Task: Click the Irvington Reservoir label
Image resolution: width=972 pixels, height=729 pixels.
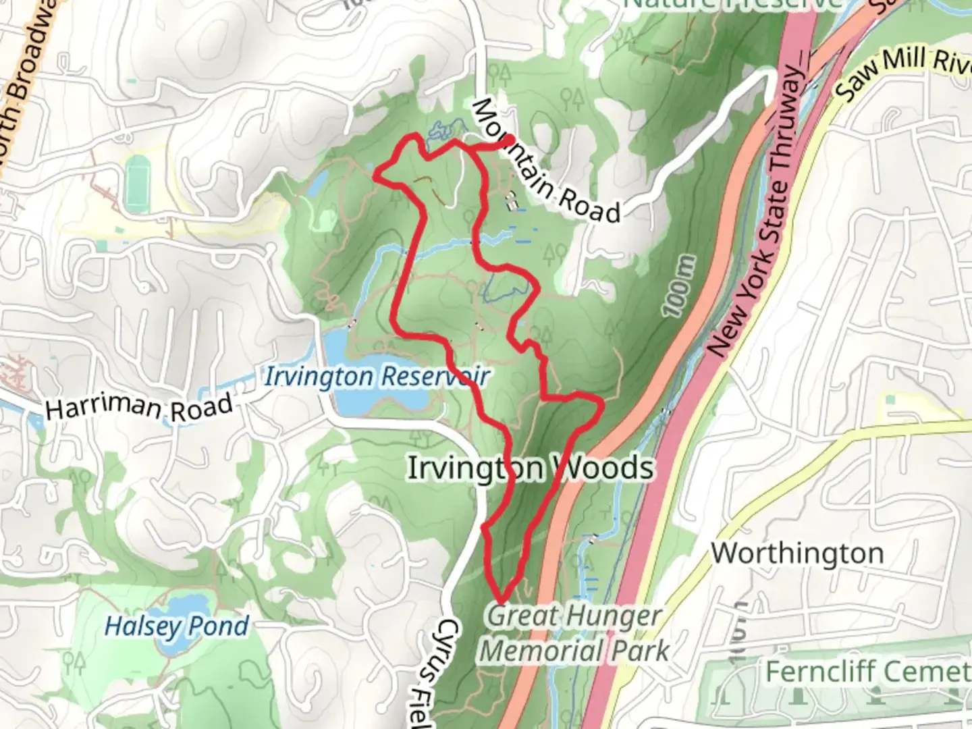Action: click(375, 377)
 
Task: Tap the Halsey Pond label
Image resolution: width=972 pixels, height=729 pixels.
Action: click(177, 626)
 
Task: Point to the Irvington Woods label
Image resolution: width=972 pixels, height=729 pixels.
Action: click(530, 468)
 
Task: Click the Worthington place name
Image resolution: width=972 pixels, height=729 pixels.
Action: click(797, 553)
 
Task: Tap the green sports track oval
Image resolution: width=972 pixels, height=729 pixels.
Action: click(138, 182)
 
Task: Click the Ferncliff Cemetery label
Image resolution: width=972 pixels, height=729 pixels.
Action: click(867, 672)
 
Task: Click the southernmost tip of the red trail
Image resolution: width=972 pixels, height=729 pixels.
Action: click(502, 599)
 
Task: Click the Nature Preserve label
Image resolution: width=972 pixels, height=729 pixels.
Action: click(732, 4)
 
